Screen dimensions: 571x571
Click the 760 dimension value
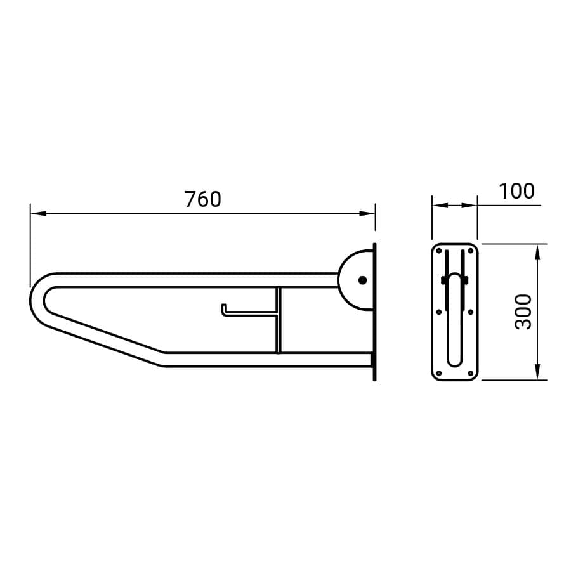[203, 199]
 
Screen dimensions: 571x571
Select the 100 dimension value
[516, 191]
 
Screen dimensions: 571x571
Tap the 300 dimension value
[523, 312]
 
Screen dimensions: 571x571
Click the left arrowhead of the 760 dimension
[38, 213]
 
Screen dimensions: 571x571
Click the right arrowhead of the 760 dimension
[367, 213]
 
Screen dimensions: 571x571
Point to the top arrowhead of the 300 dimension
[537, 252]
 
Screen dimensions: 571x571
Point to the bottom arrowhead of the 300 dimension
[537, 372]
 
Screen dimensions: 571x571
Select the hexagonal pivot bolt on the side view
[362, 280]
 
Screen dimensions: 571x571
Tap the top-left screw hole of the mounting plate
[439, 251]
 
